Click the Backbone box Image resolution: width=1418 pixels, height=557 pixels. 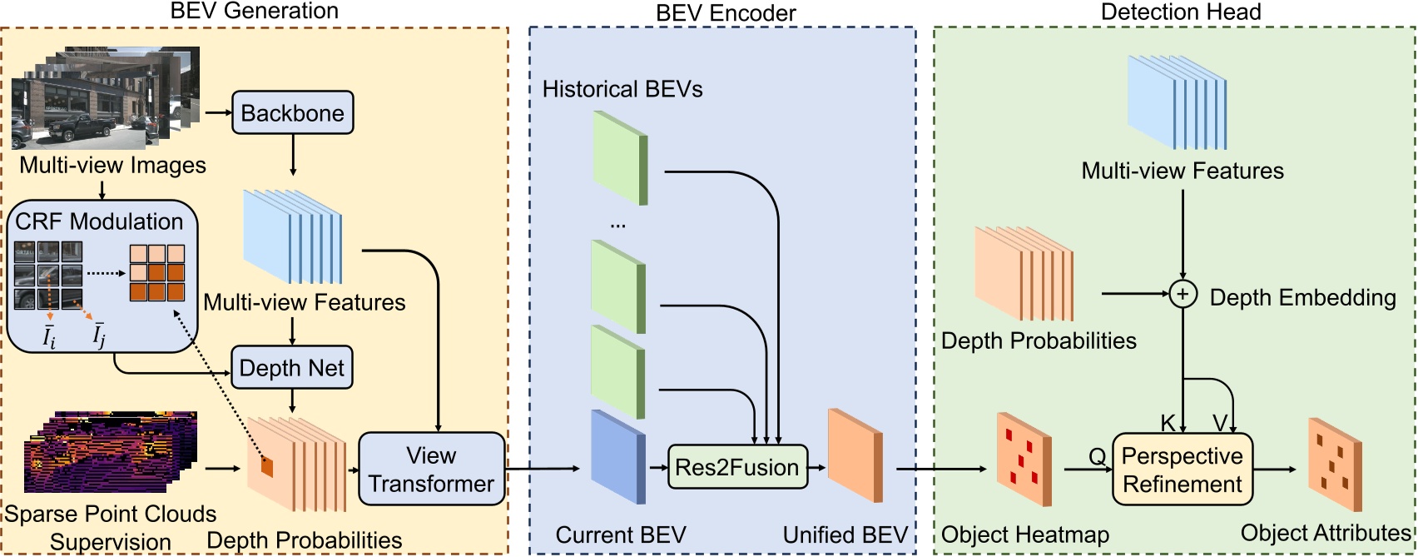pyautogui.click(x=292, y=113)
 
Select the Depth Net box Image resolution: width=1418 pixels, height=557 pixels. pyautogui.click(x=291, y=368)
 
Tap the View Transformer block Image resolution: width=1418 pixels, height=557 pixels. pyautogui.click(x=431, y=469)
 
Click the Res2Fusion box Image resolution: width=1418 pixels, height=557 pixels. pyautogui.click(x=736, y=467)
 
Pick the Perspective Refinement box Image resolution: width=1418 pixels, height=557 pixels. pyautogui.click(x=1182, y=470)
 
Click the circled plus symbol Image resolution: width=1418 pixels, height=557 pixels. pyautogui.click(x=1182, y=294)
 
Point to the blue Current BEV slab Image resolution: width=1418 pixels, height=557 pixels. pyautogui.click(x=617, y=455)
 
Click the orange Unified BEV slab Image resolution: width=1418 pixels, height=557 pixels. pyautogui.click(x=855, y=455)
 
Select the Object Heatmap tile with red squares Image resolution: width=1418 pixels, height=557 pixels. pyautogui.click(x=1024, y=460)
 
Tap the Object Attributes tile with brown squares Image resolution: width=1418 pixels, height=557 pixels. pyautogui.click(x=1335, y=464)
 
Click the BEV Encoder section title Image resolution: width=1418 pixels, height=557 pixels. pyautogui.click(x=725, y=12)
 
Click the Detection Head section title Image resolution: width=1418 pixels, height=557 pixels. pyautogui.click(x=1180, y=12)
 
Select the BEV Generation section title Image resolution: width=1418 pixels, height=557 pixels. pyautogui.click(x=254, y=11)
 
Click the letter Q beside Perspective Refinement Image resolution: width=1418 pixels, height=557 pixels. pyautogui.click(x=1097, y=456)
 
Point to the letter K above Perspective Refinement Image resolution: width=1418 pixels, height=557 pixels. pyautogui.click(x=1168, y=423)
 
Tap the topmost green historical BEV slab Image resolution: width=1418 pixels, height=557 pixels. pyautogui.click(x=619, y=157)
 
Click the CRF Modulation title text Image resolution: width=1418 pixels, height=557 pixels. pyautogui.click(x=99, y=221)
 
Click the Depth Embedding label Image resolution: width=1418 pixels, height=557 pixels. pyautogui.click(x=1302, y=297)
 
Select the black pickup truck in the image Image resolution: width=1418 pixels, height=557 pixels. pyautogui.click(x=82, y=127)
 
